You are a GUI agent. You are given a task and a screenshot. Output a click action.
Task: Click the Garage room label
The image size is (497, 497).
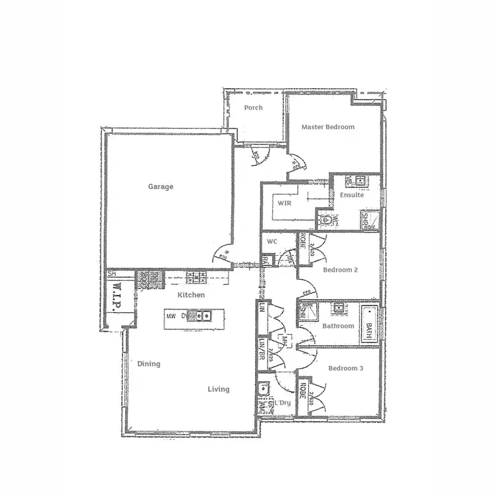click(160, 187)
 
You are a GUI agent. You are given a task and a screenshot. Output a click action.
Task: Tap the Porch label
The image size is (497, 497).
click(253, 107)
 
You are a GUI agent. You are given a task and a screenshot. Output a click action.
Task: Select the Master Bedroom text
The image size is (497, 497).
click(328, 127)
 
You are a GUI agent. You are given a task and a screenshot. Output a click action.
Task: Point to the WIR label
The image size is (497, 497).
click(285, 203)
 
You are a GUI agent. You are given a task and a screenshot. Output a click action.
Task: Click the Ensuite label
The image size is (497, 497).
click(352, 195)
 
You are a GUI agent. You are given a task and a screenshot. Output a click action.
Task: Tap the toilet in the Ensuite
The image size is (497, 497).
click(327, 220)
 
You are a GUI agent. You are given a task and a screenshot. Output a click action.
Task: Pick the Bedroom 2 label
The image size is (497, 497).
click(340, 270)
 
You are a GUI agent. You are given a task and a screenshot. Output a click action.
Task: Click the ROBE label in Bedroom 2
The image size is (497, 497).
click(303, 245)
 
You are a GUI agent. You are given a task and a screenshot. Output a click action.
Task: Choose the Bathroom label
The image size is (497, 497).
click(338, 326)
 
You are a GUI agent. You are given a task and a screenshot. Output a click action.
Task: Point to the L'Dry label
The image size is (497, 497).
click(284, 403)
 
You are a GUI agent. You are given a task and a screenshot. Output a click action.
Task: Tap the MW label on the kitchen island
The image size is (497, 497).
click(171, 316)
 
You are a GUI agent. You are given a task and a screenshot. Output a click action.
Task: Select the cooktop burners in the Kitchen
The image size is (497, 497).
click(196, 274)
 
